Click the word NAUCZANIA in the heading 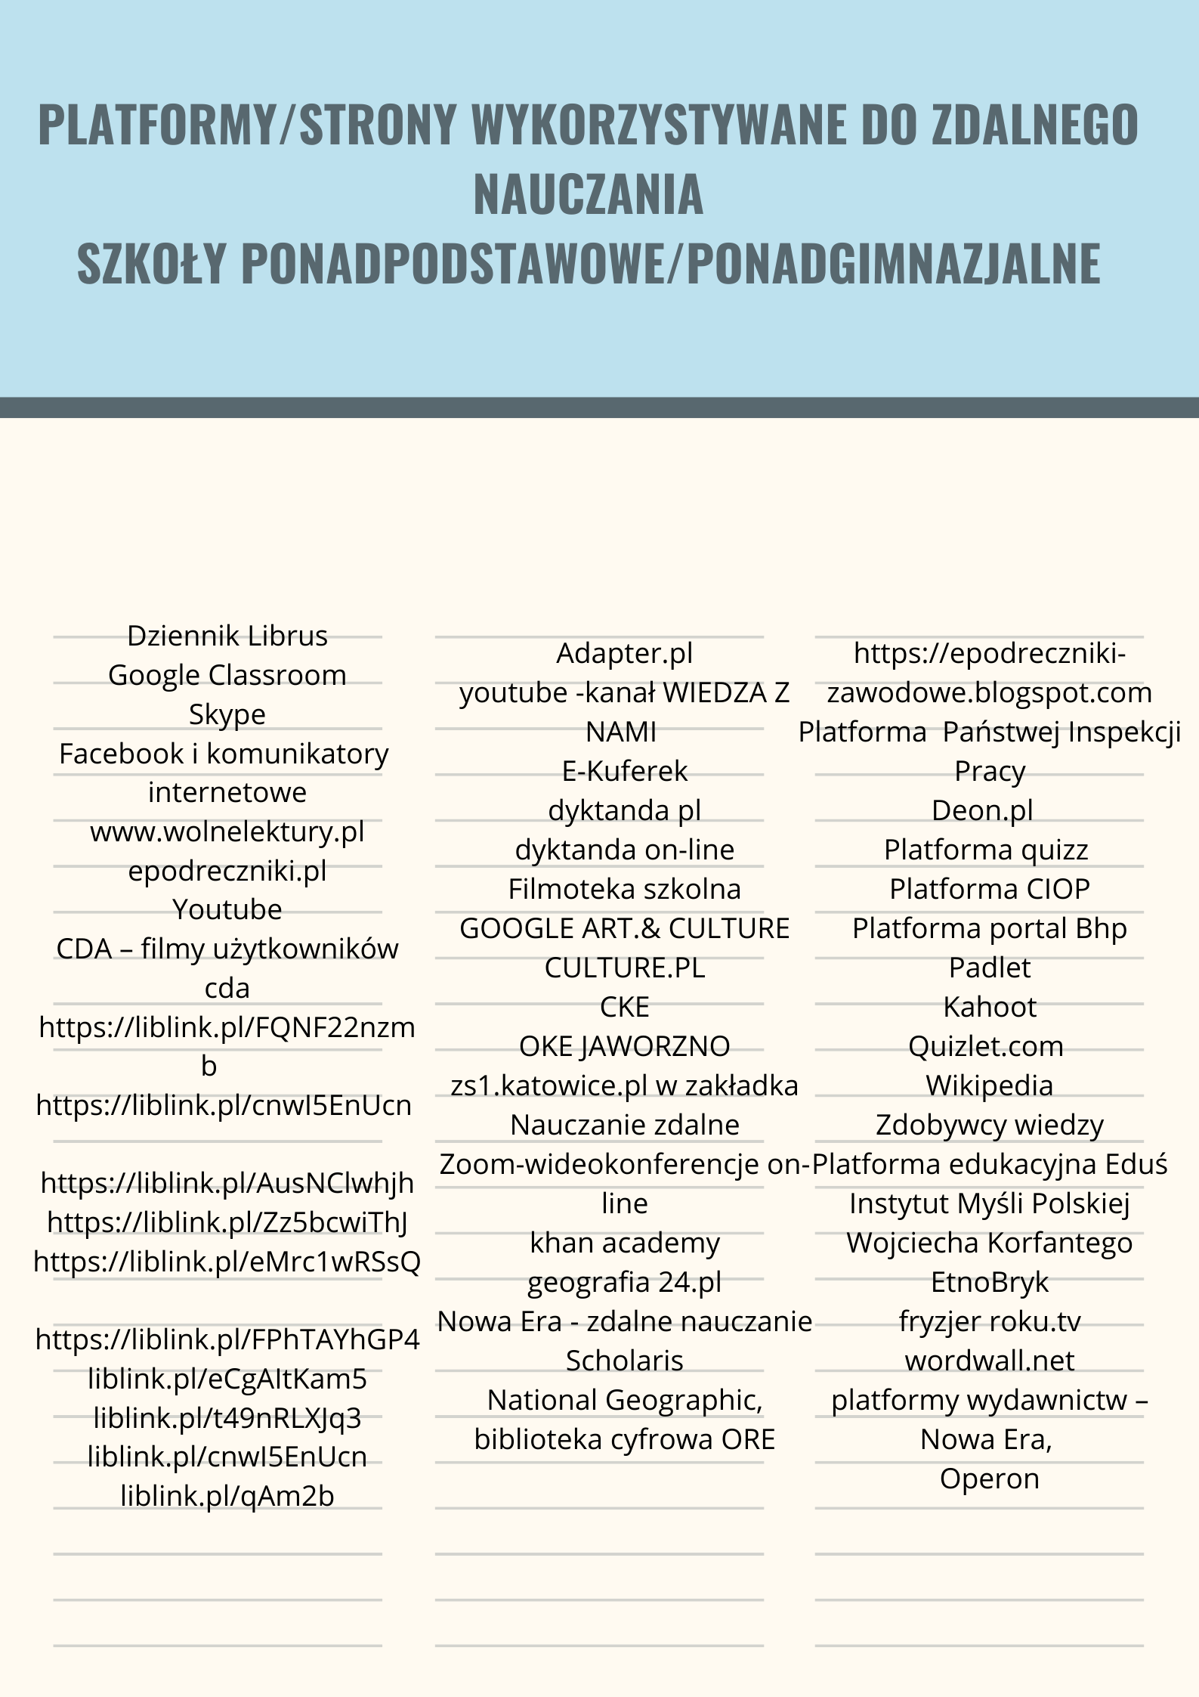[588, 194]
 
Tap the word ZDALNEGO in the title [1034, 124]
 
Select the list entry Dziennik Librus [227, 636]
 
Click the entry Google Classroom [227, 675]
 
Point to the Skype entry [227, 714]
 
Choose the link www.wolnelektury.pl [227, 831]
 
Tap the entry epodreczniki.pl [227, 871]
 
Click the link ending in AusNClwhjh [227, 1183]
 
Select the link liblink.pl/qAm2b [227, 1496]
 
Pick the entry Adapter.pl [625, 654]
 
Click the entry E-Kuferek [625, 771]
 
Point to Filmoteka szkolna [625, 889]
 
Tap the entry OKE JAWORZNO [625, 1046]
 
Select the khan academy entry [625, 1243]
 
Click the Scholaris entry [625, 1361]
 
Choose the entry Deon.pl [990, 810]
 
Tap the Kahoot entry [990, 1007]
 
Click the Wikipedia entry [990, 1085]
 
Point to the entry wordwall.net [990, 1361]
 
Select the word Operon [990, 1479]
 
